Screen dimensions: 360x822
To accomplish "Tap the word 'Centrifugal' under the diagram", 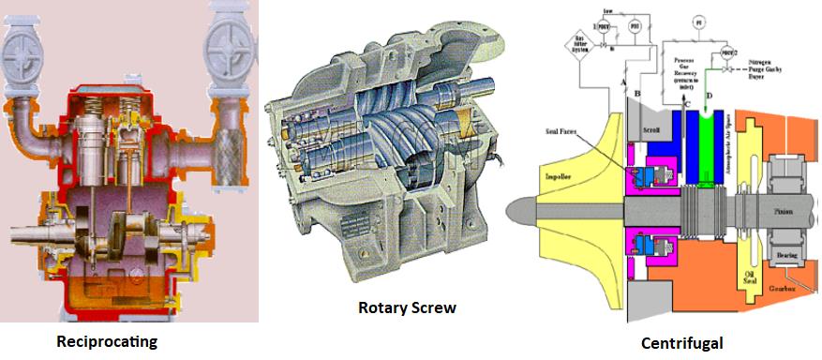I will click(x=681, y=344).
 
